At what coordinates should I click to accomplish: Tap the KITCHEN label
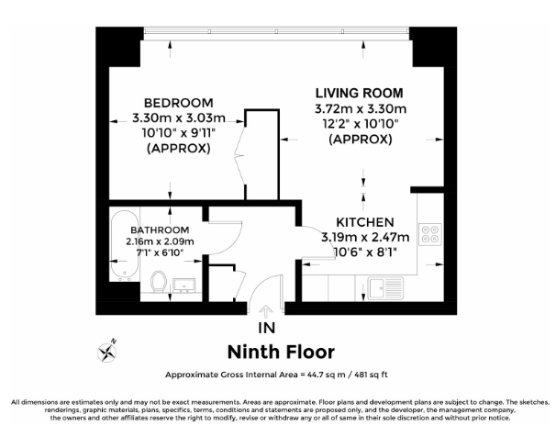[364, 222]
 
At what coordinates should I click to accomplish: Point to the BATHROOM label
[160, 230]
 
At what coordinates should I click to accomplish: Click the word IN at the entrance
[267, 327]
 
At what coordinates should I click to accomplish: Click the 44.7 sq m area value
[315, 375]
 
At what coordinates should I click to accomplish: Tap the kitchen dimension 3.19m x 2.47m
[364, 238]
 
